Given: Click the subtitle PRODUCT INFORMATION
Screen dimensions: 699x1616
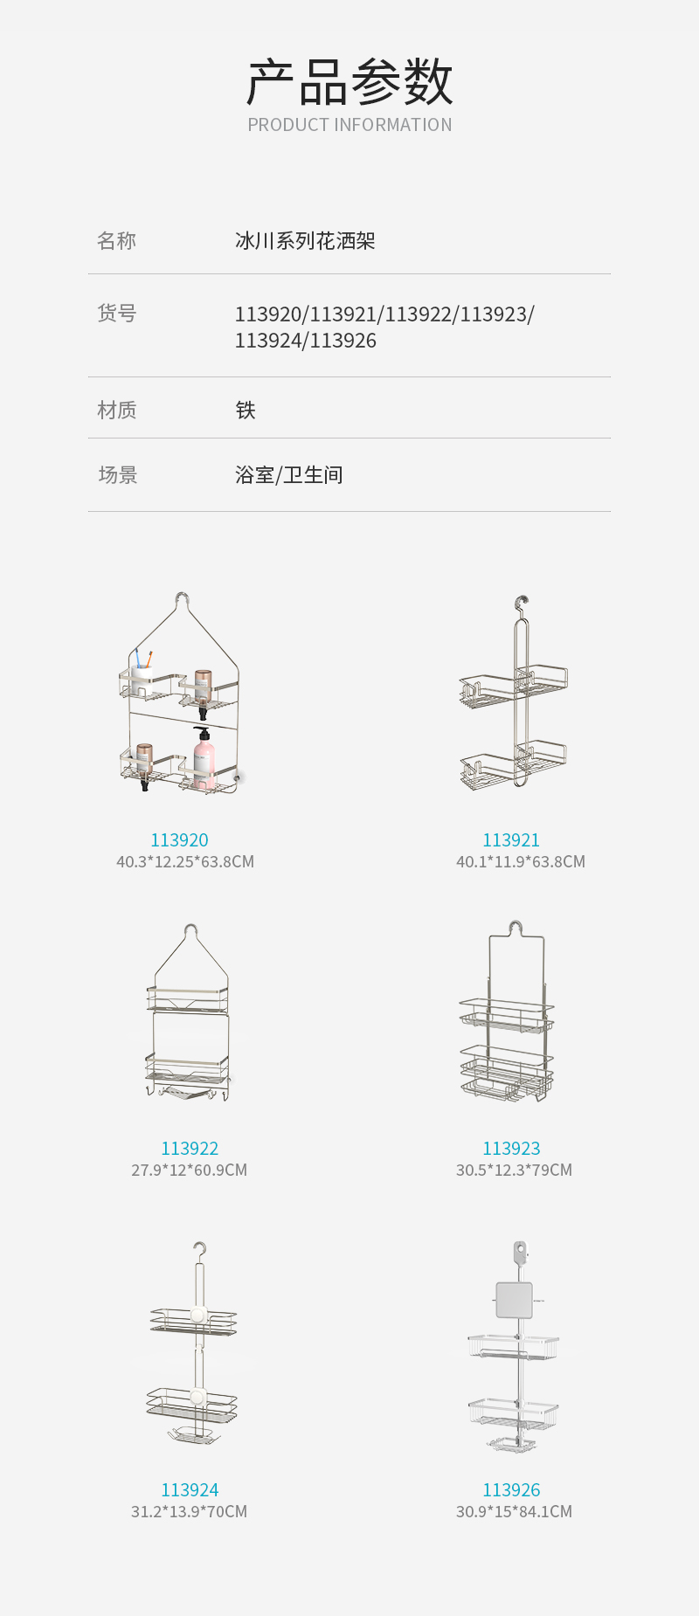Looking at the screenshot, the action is (349, 125).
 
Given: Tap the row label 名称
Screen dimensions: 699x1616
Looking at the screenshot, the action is (116, 240).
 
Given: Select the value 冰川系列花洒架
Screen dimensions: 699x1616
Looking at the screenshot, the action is (305, 240).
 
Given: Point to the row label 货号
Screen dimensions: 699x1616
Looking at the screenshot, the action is (116, 313).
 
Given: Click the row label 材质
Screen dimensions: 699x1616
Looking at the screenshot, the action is (116, 410).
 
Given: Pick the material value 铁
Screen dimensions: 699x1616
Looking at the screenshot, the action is (246, 410).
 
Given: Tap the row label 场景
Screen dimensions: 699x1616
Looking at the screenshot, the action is (118, 474).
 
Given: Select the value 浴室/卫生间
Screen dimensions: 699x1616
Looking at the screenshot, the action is (288, 474).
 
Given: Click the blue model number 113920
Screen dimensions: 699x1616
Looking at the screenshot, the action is (179, 839).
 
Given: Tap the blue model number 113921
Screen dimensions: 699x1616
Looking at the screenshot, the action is (511, 839).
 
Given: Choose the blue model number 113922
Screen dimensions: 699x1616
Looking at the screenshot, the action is (190, 1148).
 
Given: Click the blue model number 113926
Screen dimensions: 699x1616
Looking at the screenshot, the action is (511, 1489).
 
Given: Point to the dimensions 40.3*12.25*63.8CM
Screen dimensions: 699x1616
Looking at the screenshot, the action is (185, 861).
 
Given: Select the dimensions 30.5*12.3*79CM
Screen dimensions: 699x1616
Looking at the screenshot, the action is (514, 1170).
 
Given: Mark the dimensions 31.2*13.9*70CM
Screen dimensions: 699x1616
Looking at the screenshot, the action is (190, 1511).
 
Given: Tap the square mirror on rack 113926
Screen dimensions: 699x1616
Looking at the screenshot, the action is (514, 1300).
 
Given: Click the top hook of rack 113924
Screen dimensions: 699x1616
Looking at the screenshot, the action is (200, 1251).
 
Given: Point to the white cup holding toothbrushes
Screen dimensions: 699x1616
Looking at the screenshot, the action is (142, 680).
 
